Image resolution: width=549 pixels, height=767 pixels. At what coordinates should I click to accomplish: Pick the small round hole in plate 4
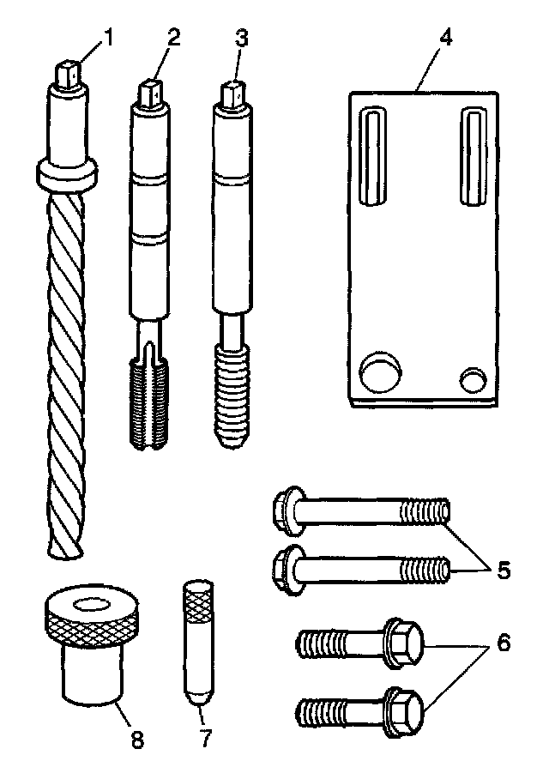474,377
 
